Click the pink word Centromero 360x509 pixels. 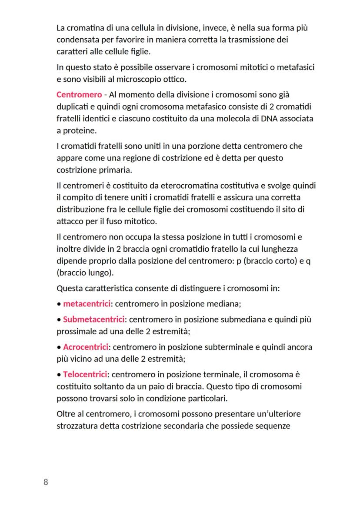pyautogui.click(x=79, y=95)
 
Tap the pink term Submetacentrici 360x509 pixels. pyautogui.click(x=93, y=319)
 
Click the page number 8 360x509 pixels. pyautogui.click(x=46, y=482)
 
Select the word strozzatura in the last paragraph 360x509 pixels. pyautogui.click(x=77, y=426)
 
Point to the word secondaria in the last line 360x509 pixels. pyautogui.click(x=187, y=426)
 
